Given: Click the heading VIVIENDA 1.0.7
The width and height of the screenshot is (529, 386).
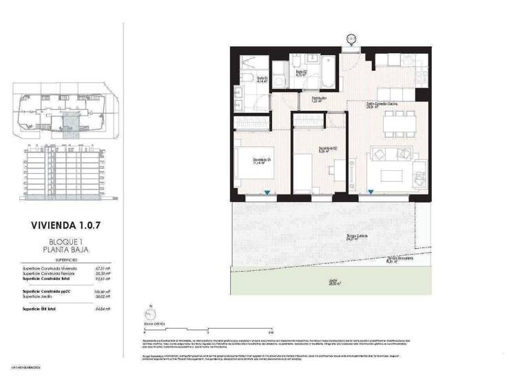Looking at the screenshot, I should tap(68, 225).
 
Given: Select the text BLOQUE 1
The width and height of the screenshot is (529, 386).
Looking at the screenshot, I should tap(68, 241).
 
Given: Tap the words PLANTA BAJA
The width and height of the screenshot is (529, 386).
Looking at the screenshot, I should tap(68, 250).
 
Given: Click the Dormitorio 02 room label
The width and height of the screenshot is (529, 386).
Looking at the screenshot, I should tap(327, 148).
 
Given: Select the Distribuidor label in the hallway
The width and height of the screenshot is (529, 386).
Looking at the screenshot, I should tap(318, 99).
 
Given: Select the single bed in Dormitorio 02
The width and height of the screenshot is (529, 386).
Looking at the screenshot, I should tap(303, 172).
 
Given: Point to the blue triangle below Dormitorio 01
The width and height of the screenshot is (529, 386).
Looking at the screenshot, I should tap(274, 194).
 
